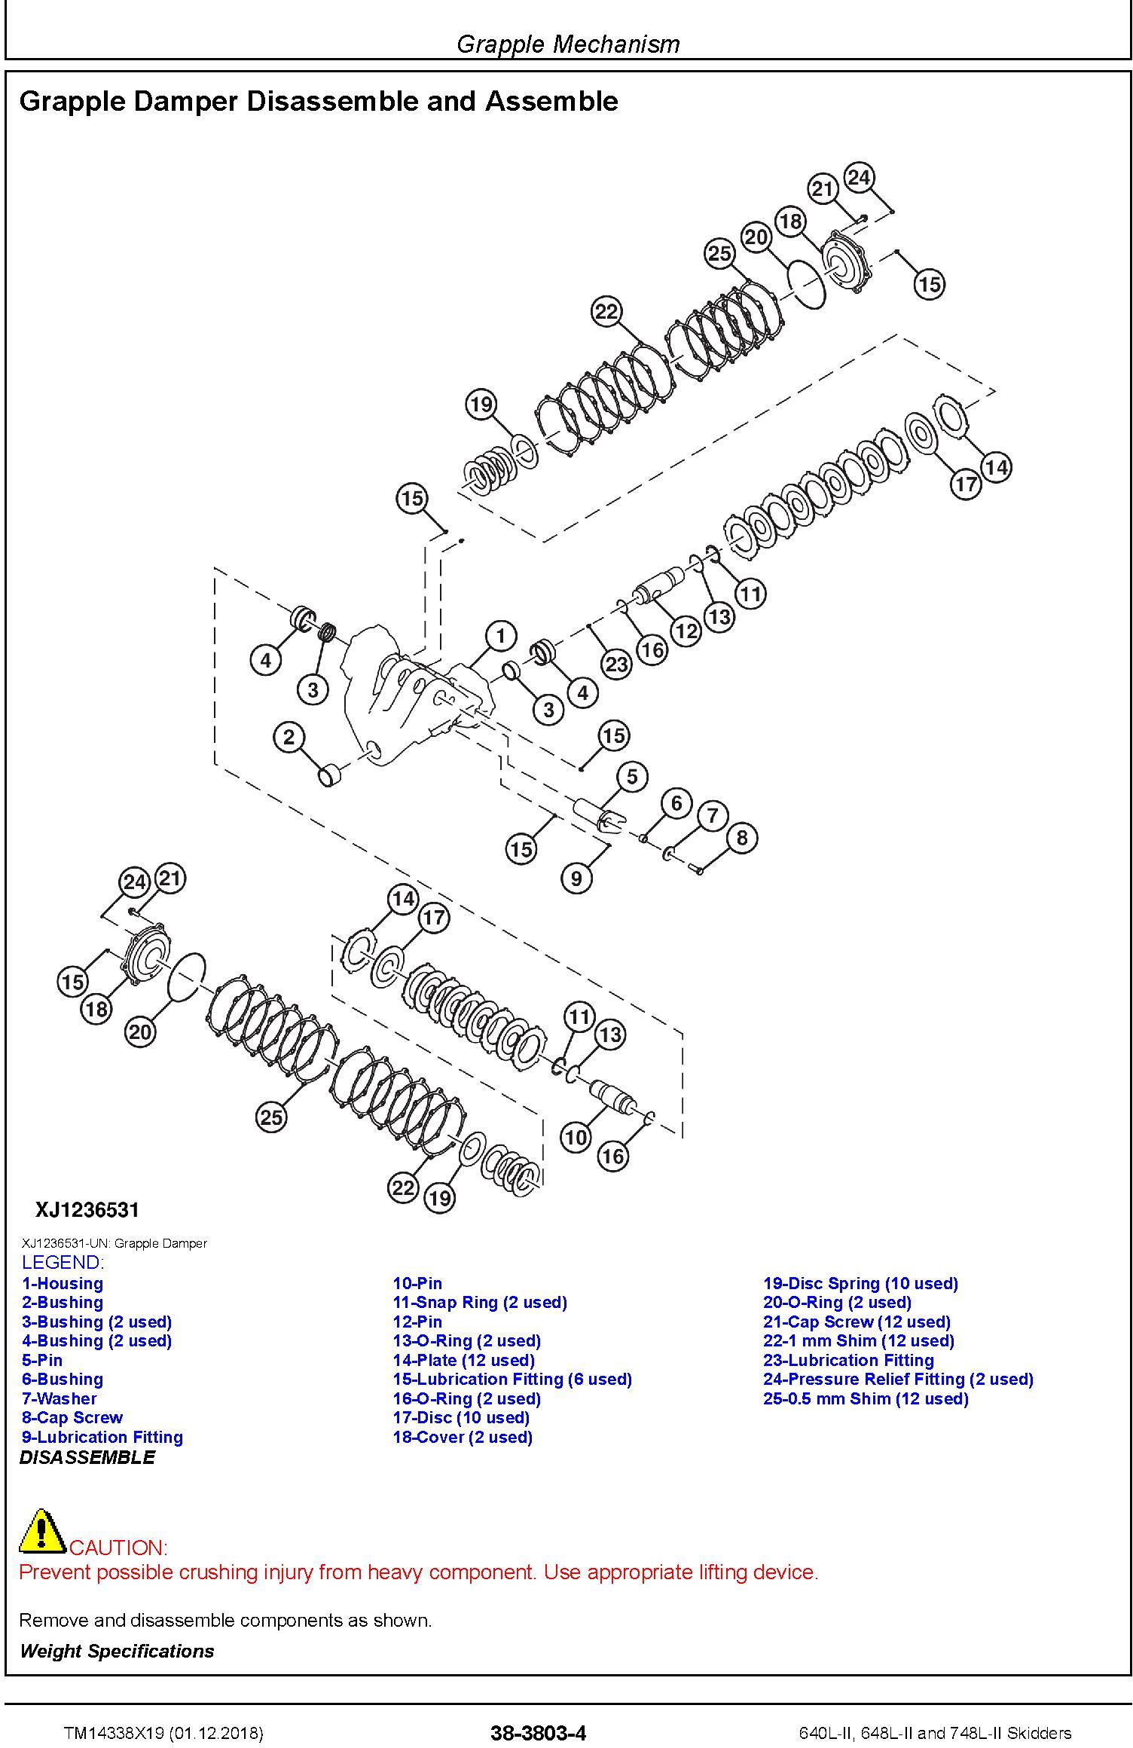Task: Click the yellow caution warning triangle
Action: click(x=43, y=1530)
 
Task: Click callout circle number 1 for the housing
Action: click(x=501, y=636)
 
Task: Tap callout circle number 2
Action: click(x=289, y=737)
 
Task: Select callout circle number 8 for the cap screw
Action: click(x=742, y=837)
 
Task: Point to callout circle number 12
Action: click(x=686, y=630)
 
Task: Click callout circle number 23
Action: click(x=617, y=664)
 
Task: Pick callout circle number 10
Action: click(x=576, y=1137)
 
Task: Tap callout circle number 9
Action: click(x=576, y=879)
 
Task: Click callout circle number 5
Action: click(x=632, y=777)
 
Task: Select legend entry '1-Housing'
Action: click(x=63, y=1283)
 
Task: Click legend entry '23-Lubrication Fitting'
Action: click(x=848, y=1360)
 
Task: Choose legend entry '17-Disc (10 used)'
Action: click(x=461, y=1417)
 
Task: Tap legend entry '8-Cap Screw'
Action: click(x=72, y=1417)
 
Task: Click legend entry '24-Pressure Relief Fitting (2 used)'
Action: click(x=898, y=1379)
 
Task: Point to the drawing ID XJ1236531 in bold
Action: click(x=87, y=1211)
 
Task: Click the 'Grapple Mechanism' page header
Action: click(x=568, y=44)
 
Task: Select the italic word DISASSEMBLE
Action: click(x=87, y=1457)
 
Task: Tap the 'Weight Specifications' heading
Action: click(x=117, y=1651)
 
